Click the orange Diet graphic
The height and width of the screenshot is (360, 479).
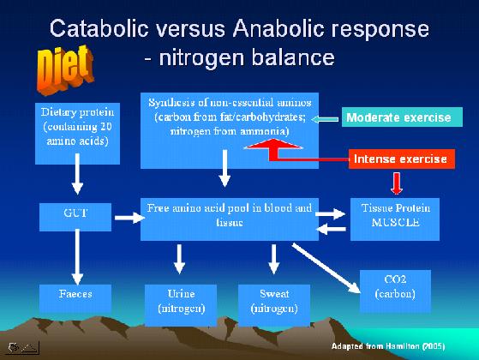[65, 69]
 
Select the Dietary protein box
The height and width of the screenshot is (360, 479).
[78, 134]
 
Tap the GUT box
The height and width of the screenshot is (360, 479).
[75, 217]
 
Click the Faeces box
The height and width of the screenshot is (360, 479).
[75, 298]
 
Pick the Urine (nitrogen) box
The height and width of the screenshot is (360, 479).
[181, 305]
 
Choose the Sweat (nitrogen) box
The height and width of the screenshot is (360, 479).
[274, 305]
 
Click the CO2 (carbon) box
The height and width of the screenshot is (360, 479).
[395, 291]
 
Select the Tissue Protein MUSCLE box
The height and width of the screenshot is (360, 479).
[395, 219]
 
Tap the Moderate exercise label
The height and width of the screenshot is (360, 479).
[402, 117]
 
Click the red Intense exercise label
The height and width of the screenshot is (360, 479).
[402, 159]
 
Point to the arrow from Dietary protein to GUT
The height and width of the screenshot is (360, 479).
[78, 174]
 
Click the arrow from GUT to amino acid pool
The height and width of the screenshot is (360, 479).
[130, 218]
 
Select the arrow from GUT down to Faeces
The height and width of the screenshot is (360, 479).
[78, 257]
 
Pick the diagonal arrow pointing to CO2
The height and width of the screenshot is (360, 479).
[326, 268]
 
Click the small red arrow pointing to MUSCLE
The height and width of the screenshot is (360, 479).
[397, 183]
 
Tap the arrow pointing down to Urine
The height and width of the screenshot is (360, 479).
[179, 259]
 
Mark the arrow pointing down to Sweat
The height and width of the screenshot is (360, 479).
[273, 259]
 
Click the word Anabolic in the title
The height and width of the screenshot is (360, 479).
[278, 29]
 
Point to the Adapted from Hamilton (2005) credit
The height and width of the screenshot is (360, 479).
[388, 346]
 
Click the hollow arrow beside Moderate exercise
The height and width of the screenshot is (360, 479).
[325, 119]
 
